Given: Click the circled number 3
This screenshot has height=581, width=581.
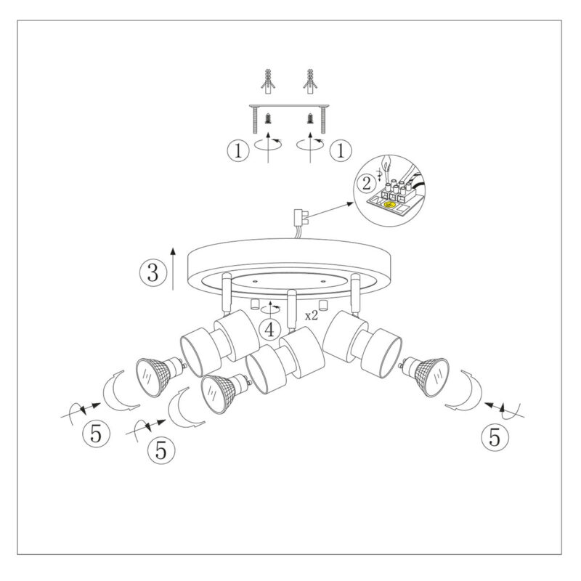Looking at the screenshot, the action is tap(153, 273).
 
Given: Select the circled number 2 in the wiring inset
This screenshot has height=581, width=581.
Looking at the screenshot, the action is tap(367, 184).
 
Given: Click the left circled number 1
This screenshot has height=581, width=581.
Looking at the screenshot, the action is tap(238, 150).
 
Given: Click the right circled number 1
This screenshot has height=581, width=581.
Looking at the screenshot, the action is tap(341, 150).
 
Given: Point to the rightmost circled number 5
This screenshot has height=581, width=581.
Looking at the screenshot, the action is tap(495, 437).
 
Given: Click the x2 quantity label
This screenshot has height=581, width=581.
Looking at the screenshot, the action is tap(312, 316).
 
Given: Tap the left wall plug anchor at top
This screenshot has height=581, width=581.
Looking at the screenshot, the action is tap(268, 81).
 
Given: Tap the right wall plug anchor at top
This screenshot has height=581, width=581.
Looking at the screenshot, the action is tap(310, 81).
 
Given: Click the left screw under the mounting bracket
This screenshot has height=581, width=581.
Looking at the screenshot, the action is tap(268, 119).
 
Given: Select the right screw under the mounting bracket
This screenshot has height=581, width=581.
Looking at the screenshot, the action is tap(310, 119).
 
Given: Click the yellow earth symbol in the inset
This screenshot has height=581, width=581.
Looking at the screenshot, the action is tap(389, 204).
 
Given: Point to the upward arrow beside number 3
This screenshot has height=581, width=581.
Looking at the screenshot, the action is tap(173, 267).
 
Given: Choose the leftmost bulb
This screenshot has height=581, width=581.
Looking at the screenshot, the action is tap(158, 375).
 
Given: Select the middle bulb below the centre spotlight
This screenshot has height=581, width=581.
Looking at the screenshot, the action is tap(222, 393).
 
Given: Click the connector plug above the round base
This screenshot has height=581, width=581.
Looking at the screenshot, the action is tap(301, 219).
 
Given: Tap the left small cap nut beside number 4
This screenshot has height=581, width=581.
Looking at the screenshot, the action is tap(254, 304).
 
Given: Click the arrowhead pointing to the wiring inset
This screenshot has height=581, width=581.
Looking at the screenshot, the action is tap(349, 203).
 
